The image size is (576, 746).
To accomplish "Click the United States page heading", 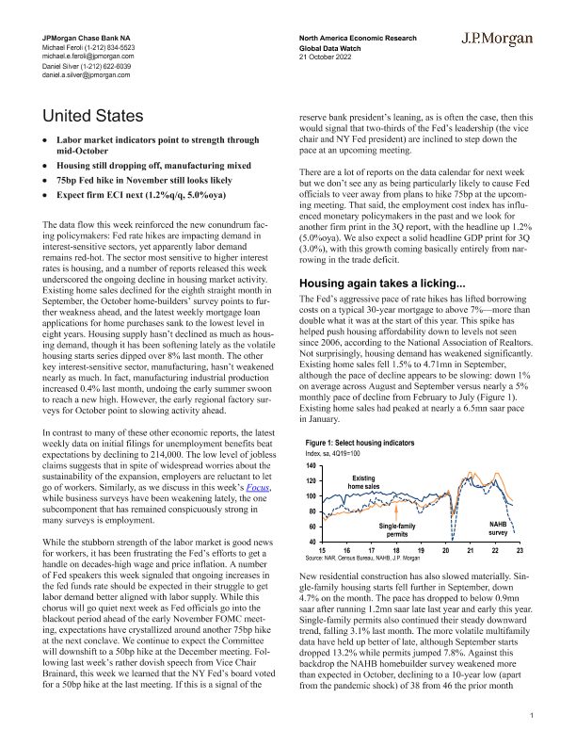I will (x=93, y=116).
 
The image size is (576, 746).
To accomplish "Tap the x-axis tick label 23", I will (x=519, y=550).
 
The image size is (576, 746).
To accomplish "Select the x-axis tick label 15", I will (x=322, y=550).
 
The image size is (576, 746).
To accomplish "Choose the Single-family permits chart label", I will (x=398, y=529).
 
